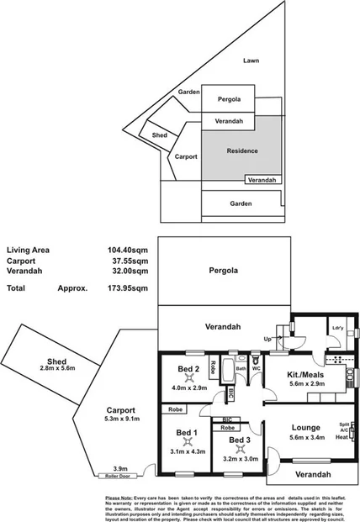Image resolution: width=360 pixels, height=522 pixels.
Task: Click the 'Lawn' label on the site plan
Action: (250, 61)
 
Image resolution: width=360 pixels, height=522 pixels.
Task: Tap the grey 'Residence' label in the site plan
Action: (242, 151)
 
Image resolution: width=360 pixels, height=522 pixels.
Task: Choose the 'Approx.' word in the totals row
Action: (73, 287)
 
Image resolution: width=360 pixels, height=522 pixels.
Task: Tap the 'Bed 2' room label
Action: (188, 369)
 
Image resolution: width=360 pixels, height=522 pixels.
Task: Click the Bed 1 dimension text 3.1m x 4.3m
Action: (186, 451)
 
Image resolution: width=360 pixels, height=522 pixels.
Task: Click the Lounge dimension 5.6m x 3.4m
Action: (305, 437)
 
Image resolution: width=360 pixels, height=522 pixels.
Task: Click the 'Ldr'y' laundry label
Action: (338, 328)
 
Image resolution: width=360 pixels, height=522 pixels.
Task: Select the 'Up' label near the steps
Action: (268, 338)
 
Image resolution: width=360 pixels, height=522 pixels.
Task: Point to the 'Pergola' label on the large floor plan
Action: (224, 271)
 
